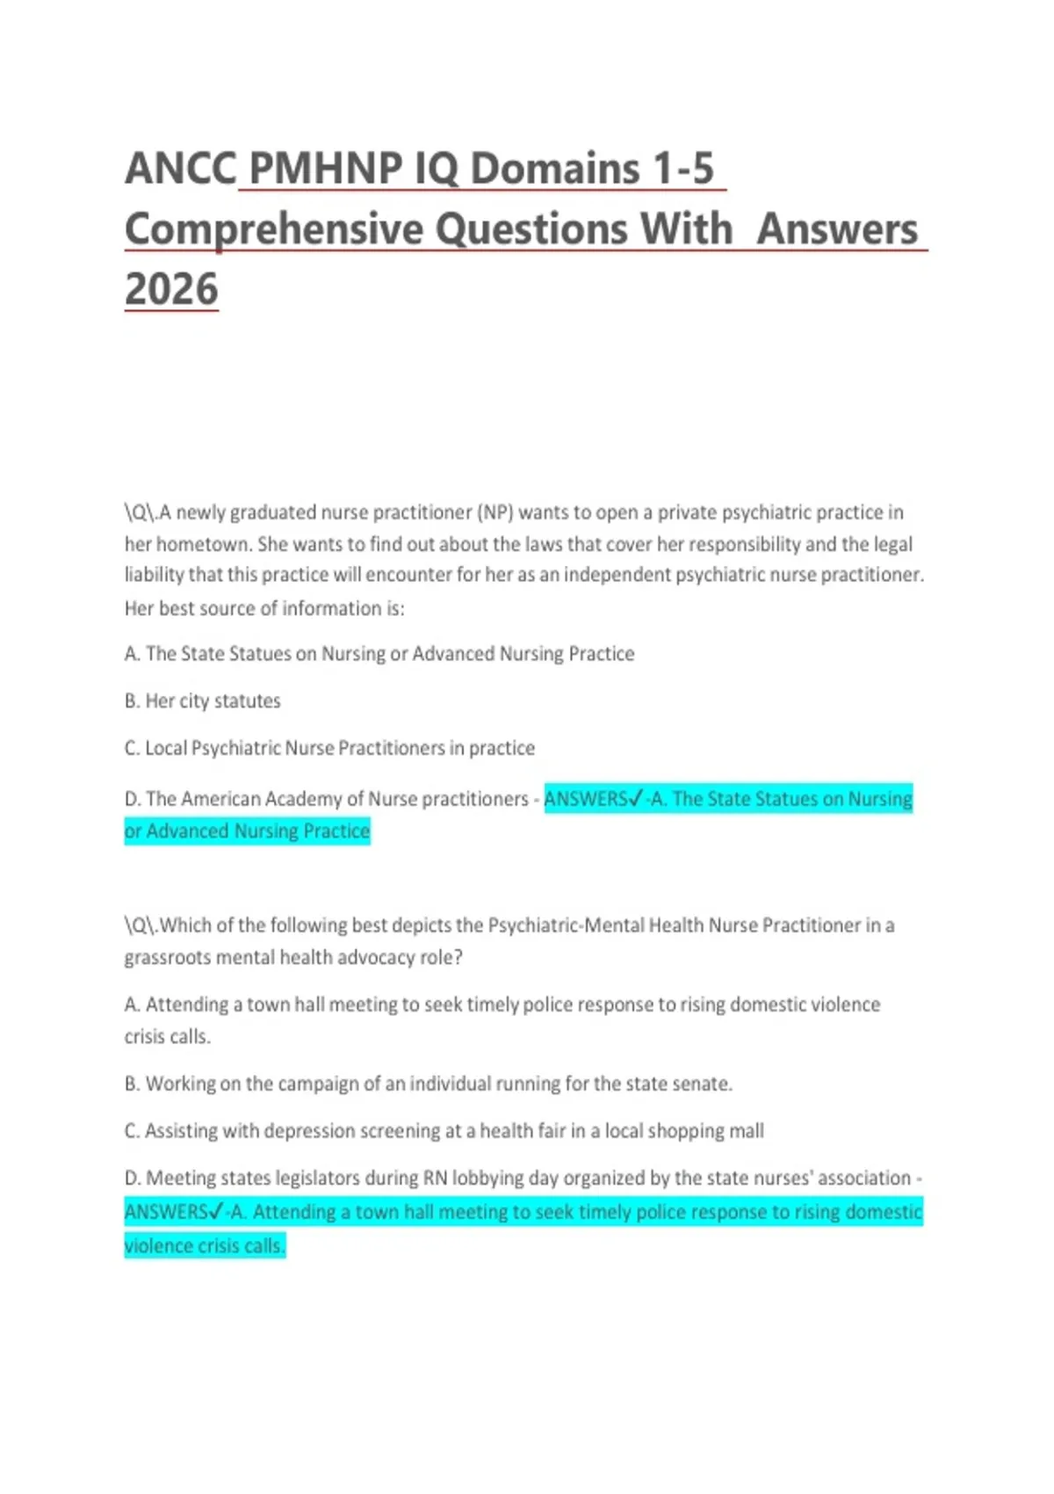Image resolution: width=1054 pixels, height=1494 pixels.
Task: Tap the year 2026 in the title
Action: click(171, 289)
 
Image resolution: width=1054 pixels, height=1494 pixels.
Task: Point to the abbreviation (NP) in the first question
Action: click(495, 512)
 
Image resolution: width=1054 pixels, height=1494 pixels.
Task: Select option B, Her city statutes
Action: click(203, 701)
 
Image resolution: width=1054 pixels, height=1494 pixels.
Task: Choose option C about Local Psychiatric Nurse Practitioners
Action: click(330, 749)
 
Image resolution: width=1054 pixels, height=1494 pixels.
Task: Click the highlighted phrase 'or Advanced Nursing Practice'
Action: click(247, 831)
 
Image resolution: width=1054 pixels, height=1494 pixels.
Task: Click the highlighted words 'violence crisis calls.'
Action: click(205, 1246)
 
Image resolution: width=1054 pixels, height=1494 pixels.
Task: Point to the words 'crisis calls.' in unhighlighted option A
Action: click(167, 1037)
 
